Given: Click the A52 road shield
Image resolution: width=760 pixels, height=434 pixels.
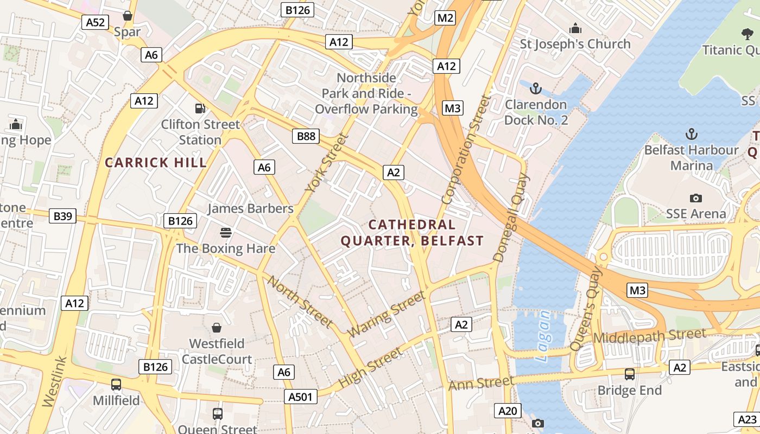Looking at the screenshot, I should click(x=95, y=22).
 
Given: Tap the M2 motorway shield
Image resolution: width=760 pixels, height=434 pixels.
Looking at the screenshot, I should click(x=445, y=18).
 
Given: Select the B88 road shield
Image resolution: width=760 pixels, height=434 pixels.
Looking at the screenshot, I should click(x=306, y=136).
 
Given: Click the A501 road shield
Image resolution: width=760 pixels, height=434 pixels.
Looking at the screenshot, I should click(x=300, y=397).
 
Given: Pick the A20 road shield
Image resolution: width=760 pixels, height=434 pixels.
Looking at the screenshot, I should click(x=508, y=411).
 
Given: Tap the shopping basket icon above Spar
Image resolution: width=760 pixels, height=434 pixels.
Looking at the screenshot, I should click(x=128, y=16).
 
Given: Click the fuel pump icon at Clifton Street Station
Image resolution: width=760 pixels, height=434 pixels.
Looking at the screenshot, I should click(x=200, y=108).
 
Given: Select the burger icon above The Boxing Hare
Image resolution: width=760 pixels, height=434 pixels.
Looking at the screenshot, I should click(x=226, y=233).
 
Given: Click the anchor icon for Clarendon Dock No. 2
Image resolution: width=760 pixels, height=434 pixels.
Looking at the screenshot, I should click(x=536, y=88).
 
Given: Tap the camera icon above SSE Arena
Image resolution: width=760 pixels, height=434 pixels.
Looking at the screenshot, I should click(x=695, y=198).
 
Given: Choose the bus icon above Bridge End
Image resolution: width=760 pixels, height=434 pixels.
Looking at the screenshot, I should click(x=629, y=374).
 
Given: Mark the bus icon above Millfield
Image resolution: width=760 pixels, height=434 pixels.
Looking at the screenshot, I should click(x=116, y=385).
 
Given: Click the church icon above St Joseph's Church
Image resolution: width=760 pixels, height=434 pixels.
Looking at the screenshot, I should click(x=575, y=28).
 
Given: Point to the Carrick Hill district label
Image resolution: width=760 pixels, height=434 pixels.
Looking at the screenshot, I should click(x=156, y=162).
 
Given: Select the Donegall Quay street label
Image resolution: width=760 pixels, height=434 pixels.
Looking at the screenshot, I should click(x=511, y=217).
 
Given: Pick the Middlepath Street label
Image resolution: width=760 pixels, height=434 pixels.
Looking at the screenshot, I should click(x=650, y=336).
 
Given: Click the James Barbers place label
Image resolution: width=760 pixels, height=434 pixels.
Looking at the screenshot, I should click(x=250, y=208).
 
